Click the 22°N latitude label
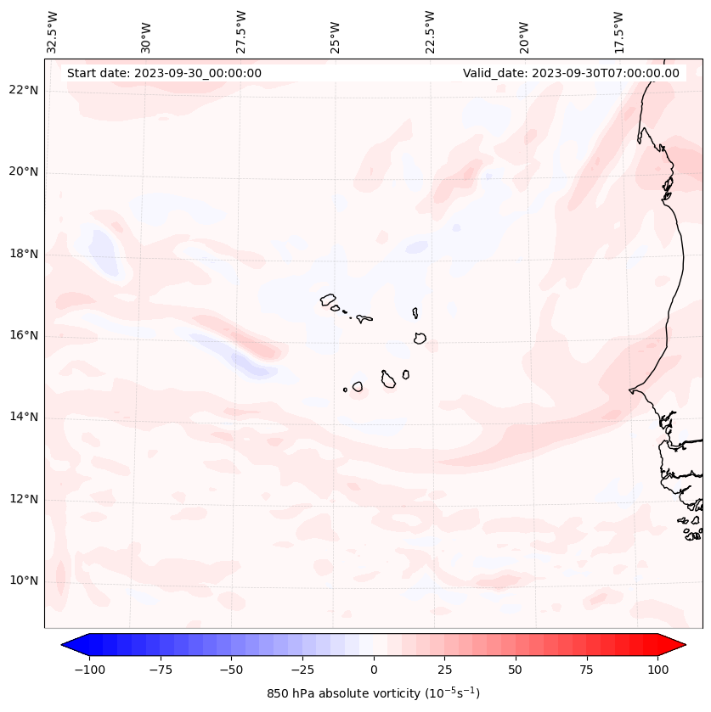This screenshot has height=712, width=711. pyautogui.click(x=25, y=90)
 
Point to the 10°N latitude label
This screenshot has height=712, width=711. pyautogui.click(x=25, y=581)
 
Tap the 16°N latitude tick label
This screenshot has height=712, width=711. pyautogui.click(x=25, y=336)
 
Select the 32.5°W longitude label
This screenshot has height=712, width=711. pyautogui.click(x=53, y=31)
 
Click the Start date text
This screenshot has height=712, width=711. pyautogui.click(x=164, y=73)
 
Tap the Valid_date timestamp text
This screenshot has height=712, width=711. pyautogui.click(x=571, y=73)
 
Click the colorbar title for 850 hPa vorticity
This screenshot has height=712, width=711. pyautogui.click(x=373, y=693)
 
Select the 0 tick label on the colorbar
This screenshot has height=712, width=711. pyautogui.click(x=374, y=670)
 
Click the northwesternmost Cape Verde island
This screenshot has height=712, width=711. pyautogui.click(x=328, y=299)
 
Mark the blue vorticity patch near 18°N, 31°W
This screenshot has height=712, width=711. pyautogui.click(x=104, y=250)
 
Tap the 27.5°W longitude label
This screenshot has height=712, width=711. pyautogui.click(x=241, y=31)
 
